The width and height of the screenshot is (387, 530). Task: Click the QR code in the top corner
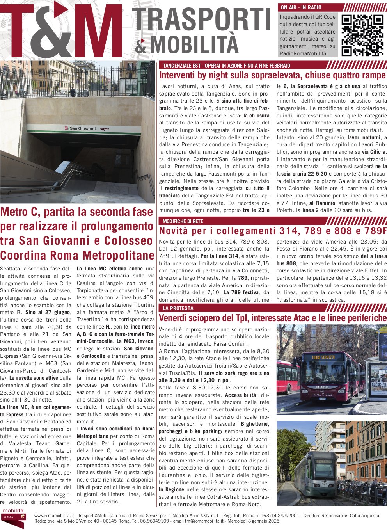pos(362,36)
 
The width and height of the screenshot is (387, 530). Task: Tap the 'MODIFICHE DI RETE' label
pos(183,221)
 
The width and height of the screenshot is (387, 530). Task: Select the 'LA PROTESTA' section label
pos(178,308)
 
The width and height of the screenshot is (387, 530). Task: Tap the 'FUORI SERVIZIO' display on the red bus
pos(323,357)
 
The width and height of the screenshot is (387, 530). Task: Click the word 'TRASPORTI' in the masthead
pos(202,20)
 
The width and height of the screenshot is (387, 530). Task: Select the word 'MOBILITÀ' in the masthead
pos(194,44)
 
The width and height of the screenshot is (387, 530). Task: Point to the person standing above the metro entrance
pos(73,92)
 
